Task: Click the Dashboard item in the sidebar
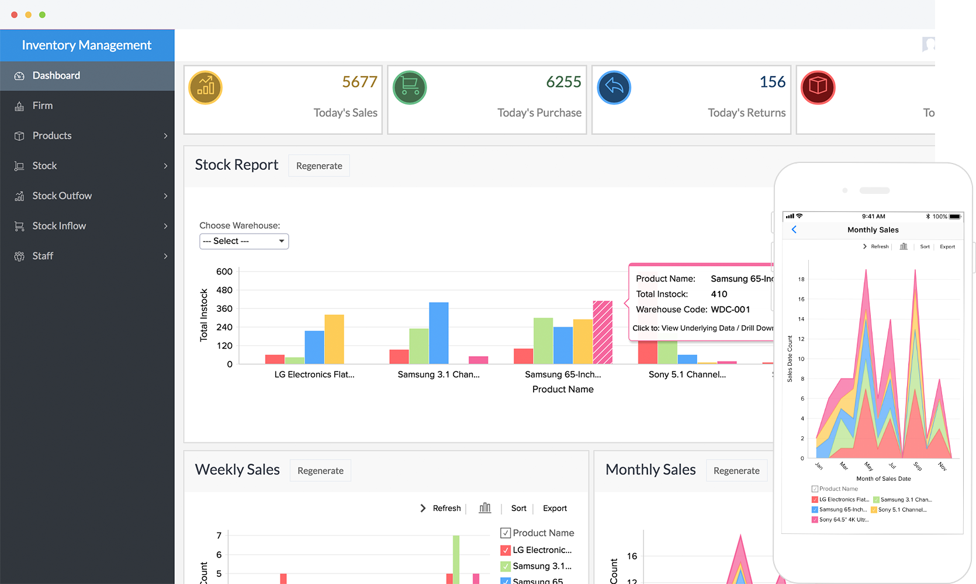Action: coord(56,75)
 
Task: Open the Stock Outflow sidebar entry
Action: coord(62,196)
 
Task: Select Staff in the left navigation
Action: coord(43,256)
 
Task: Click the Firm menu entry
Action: coord(43,106)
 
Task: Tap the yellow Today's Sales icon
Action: coord(206,88)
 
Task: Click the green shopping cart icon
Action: coord(410,88)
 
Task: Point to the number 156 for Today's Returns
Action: coord(772,82)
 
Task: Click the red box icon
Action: coord(818,88)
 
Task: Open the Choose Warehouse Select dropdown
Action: coord(244,241)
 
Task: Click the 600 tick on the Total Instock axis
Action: coord(224,272)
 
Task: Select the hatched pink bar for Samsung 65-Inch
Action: coord(603,332)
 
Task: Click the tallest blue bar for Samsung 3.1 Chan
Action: coord(439,333)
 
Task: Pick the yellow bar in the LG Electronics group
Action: coord(334,339)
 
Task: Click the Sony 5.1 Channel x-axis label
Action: coord(687,374)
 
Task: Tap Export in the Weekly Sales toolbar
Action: coord(555,508)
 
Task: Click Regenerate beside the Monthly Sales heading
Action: coord(736,471)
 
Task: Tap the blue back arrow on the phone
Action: coord(794,230)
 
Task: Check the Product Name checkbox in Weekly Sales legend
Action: coord(506,533)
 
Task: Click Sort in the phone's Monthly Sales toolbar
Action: coord(925,246)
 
